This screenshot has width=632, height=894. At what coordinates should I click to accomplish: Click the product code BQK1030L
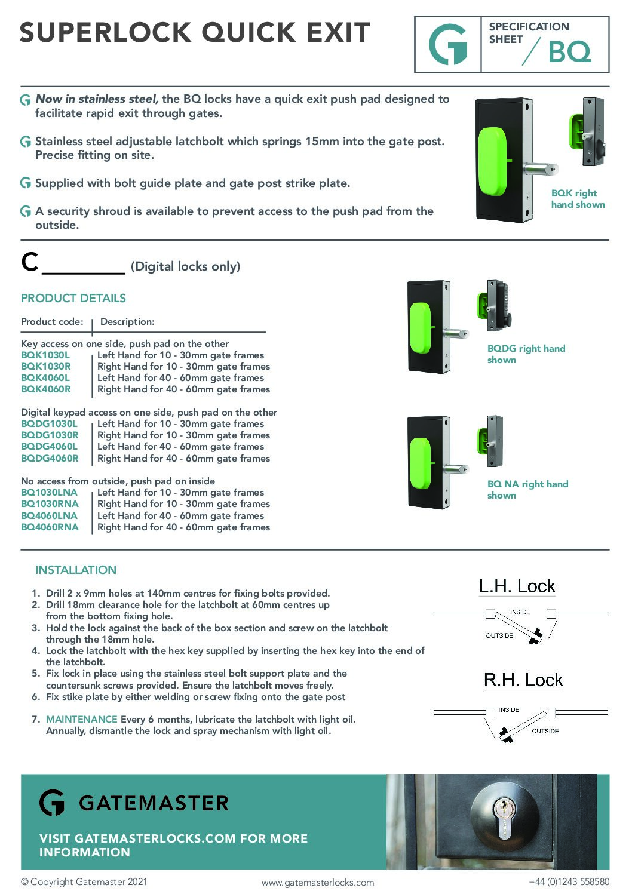click(x=45, y=355)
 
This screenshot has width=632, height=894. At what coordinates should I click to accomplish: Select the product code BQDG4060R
click(x=50, y=458)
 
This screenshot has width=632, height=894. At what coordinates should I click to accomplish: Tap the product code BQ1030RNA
click(x=50, y=503)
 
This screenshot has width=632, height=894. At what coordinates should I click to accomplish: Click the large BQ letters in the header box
click(x=569, y=53)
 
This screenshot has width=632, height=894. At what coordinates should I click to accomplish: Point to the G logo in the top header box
click(x=448, y=45)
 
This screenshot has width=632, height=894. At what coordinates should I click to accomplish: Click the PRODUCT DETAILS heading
click(x=73, y=298)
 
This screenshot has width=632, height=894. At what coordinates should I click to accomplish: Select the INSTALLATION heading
click(x=76, y=570)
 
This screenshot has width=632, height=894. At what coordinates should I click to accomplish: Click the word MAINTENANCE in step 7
click(x=82, y=719)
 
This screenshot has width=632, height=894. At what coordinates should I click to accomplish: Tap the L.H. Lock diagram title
click(x=517, y=586)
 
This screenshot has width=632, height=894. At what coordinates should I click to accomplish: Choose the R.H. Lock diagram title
click(x=523, y=680)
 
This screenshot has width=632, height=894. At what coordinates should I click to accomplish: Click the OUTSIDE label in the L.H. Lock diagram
click(x=499, y=635)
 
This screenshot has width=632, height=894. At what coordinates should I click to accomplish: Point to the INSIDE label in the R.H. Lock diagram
click(x=509, y=709)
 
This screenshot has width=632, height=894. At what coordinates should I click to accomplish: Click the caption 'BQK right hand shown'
click(x=578, y=199)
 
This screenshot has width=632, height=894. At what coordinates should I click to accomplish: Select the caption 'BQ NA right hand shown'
click(x=527, y=490)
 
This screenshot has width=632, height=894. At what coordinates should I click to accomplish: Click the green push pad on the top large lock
click(x=492, y=159)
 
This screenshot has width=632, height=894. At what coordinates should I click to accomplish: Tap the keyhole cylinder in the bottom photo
click(x=505, y=819)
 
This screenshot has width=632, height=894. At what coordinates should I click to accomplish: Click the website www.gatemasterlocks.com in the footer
click(x=318, y=882)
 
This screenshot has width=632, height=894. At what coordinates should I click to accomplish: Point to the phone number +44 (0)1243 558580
click(x=569, y=881)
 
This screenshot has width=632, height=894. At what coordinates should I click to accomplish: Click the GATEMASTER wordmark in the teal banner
click(x=154, y=803)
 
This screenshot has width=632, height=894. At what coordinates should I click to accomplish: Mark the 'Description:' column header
click(x=127, y=321)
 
